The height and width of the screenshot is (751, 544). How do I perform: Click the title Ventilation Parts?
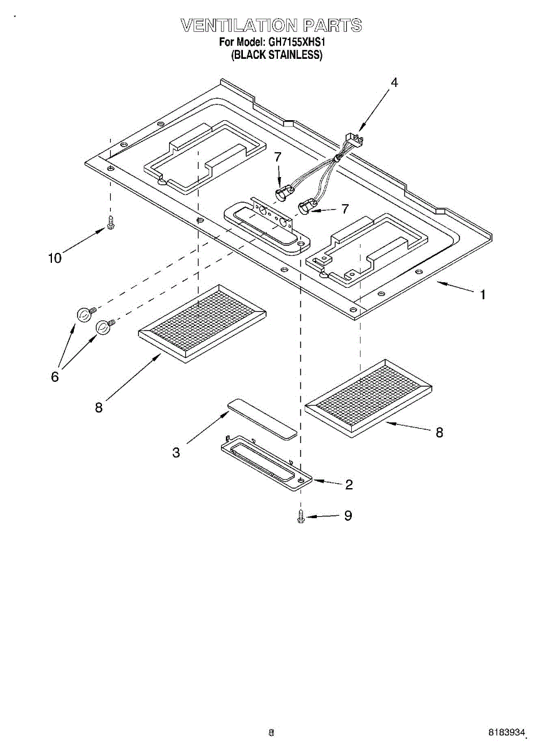click(x=271, y=26)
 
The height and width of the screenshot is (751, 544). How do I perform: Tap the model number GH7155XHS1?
click(x=298, y=43)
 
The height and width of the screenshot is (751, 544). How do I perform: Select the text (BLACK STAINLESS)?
click(x=277, y=55)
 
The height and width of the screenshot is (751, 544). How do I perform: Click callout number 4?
click(x=394, y=82)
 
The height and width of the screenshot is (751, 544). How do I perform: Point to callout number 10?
click(x=55, y=258)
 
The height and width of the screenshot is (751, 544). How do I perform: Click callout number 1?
click(x=482, y=294)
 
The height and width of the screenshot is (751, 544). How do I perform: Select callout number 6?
click(x=54, y=377)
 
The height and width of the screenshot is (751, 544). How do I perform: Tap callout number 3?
click(x=177, y=452)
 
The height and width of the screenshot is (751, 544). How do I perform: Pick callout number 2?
click(x=349, y=484)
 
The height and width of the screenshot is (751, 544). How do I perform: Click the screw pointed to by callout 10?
click(x=111, y=222)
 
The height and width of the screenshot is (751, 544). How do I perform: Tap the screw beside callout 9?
click(x=301, y=516)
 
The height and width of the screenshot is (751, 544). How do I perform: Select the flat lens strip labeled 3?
click(x=262, y=418)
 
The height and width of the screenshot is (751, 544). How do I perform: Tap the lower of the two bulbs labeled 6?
click(x=104, y=327)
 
